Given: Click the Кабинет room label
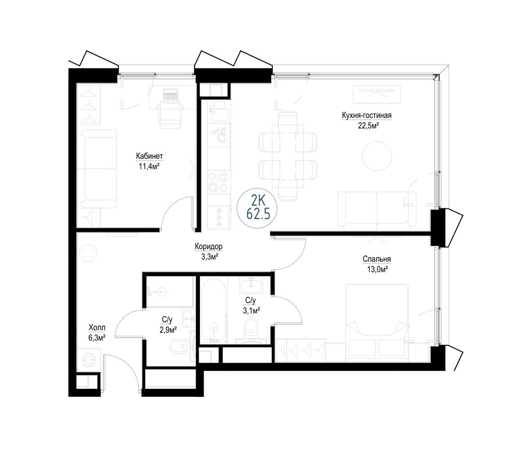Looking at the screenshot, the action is pyautogui.click(x=150, y=157).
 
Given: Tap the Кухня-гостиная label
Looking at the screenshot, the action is pyautogui.click(x=367, y=115).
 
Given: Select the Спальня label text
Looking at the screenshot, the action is pyautogui.click(x=377, y=259).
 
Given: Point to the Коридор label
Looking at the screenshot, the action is pyautogui.click(x=208, y=246).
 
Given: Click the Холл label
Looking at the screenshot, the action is pyautogui.click(x=97, y=327).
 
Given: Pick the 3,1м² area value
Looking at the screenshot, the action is pyautogui.click(x=251, y=311).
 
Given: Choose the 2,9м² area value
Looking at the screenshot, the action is pyautogui.click(x=168, y=330).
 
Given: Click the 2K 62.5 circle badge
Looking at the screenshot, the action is pyautogui.click(x=258, y=208).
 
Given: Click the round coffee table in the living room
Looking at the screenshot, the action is pyautogui.click(x=377, y=156).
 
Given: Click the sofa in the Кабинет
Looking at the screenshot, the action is pyautogui.click(x=97, y=168).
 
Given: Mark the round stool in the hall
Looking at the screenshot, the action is pyautogui.click(x=89, y=253).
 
